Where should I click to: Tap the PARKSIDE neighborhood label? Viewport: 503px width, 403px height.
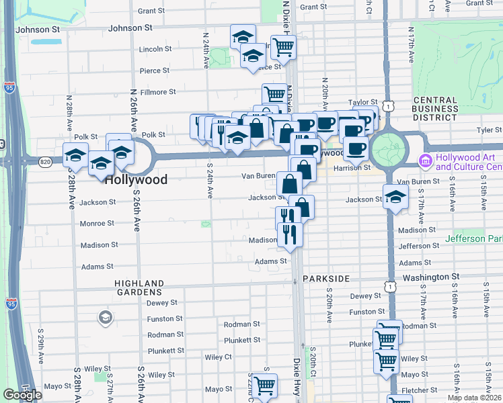[x=325, y=278]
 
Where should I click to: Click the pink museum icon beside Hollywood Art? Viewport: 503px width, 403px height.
[x=424, y=161]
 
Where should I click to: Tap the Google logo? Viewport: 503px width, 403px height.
[x=22, y=395]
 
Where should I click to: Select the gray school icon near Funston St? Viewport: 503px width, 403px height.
[x=105, y=317]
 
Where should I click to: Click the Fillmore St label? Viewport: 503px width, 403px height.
[x=158, y=92]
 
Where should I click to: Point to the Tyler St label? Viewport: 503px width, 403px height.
[x=484, y=130]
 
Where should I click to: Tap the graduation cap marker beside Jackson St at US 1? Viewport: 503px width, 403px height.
[x=395, y=197]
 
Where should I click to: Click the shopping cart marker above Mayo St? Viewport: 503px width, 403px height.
[x=265, y=385]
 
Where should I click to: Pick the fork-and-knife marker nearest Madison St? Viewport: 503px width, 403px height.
[x=290, y=234]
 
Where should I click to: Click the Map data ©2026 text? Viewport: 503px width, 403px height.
[x=474, y=398]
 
